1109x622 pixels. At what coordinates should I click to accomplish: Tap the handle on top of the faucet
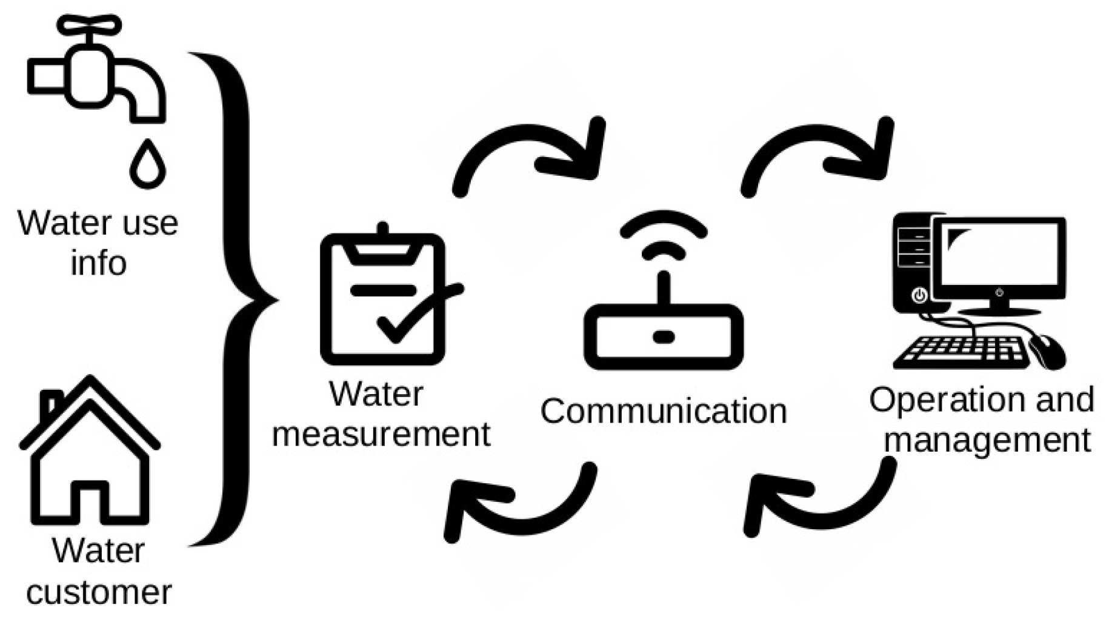(x=89, y=25)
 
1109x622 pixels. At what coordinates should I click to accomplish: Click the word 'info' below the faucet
(x=98, y=263)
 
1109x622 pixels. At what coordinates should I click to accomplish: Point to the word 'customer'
(x=99, y=592)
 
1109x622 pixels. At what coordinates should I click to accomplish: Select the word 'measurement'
(x=381, y=434)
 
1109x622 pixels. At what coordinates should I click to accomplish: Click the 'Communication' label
(x=664, y=411)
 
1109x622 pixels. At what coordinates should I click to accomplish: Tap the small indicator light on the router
(x=664, y=337)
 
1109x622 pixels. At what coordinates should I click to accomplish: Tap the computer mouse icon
(x=1047, y=351)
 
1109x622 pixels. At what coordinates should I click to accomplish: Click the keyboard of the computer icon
(x=961, y=352)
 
